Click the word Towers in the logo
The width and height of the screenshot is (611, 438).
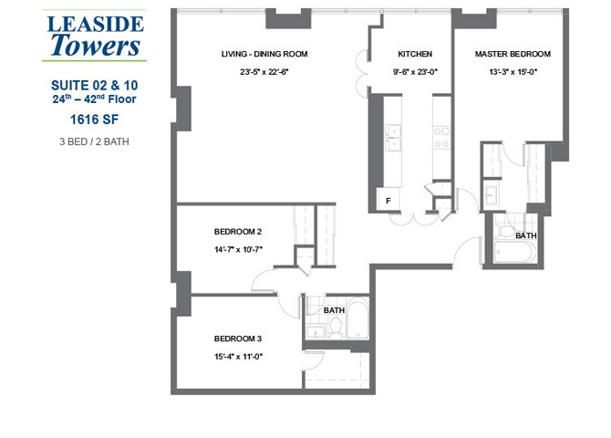(95, 45)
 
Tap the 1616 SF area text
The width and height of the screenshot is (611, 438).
(95, 118)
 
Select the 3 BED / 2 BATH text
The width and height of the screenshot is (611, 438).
(95, 141)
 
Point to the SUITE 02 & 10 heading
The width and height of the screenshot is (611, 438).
(95, 85)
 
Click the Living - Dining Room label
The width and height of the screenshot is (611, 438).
(264, 55)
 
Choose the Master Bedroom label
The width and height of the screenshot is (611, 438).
(513, 55)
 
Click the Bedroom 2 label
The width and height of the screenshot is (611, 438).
(238, 232)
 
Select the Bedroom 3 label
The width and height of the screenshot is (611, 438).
(238, 339)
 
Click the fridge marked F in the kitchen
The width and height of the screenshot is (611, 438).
(388, 200)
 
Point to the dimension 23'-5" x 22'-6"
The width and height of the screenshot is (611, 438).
(264, 72)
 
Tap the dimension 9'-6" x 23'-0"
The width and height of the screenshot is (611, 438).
(415, 72)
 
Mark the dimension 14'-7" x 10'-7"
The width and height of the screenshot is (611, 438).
(238, 248)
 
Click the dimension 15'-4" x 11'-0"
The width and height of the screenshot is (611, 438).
(238, 357)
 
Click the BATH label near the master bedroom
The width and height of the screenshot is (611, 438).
(526, 235)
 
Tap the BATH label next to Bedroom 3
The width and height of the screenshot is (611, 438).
(335, 310)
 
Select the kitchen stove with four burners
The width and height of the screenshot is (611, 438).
(441, 137)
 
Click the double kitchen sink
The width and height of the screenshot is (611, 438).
(394, 138)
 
